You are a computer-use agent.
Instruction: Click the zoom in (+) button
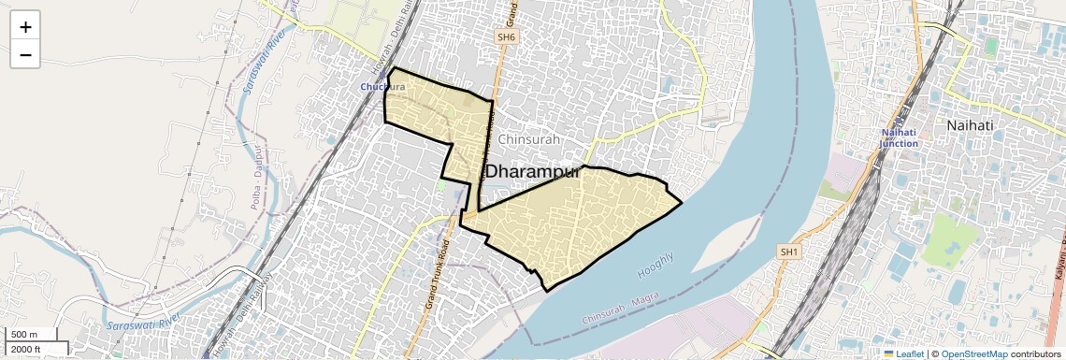25,27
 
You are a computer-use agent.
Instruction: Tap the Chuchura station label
383,87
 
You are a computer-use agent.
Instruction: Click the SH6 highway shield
506,36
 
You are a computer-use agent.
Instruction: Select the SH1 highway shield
789,252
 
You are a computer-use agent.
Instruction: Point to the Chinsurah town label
529,139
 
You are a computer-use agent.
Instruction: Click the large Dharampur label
533,173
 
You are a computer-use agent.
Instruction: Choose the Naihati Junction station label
900,138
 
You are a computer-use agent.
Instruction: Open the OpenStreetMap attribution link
975,353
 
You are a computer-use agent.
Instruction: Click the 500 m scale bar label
24,335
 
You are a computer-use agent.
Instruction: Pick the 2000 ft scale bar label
26,349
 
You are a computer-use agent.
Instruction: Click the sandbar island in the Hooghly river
739,243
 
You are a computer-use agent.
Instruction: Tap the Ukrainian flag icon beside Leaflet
889,353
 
